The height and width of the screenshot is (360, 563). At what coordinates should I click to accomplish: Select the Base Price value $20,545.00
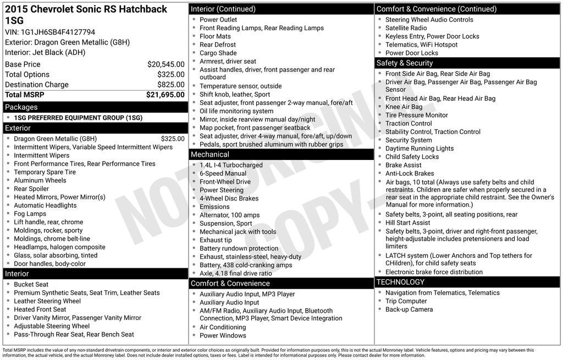point(165,64)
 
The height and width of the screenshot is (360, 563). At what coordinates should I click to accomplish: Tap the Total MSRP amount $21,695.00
point(165,95)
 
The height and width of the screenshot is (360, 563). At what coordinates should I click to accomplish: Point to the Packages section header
point(21,107)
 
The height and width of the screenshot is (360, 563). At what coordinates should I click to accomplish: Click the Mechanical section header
point(209,154)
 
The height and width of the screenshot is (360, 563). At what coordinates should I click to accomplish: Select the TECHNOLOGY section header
point(400,282)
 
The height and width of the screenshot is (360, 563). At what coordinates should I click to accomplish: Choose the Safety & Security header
point(405,63)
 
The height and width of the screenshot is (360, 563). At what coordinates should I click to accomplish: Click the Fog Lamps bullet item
point(30,214)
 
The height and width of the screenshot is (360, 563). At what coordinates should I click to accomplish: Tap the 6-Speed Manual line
point(223,174)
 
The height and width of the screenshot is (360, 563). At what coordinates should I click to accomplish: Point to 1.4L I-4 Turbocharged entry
point(231,165)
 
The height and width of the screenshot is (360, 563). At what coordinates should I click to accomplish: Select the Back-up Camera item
point(409,309)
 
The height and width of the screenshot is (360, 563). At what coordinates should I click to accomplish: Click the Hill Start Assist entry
point(407,223)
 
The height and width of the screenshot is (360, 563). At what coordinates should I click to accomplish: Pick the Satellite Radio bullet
point(406,28)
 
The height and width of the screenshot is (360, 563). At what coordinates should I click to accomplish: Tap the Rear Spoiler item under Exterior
point(31,189)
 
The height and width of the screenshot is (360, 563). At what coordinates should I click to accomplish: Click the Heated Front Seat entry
point(40,309)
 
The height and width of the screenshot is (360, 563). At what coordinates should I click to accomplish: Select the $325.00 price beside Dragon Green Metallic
point(173,139)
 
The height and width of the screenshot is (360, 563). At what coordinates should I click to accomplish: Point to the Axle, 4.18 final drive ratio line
point(235,273)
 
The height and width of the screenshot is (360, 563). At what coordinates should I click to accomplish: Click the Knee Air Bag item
point(404,107)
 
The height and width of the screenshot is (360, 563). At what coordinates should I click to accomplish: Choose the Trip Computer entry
point(406,301)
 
